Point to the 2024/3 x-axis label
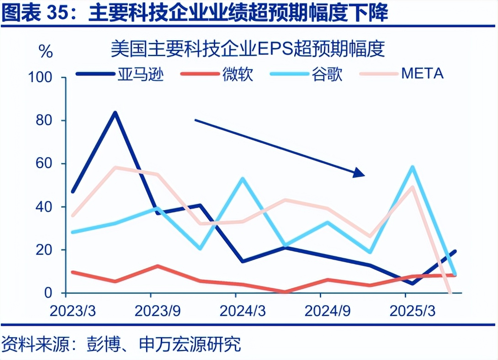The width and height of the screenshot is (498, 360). click(x=242, y=311)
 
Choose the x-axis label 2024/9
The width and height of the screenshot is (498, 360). click(x=327, y=311)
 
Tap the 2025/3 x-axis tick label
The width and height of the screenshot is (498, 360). click(x=412, y=311)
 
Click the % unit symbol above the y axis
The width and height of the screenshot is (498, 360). click(x=46, y=52)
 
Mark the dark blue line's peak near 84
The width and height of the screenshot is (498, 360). click(x=115, y=112)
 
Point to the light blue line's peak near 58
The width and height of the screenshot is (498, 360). click(x=413, y=167)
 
